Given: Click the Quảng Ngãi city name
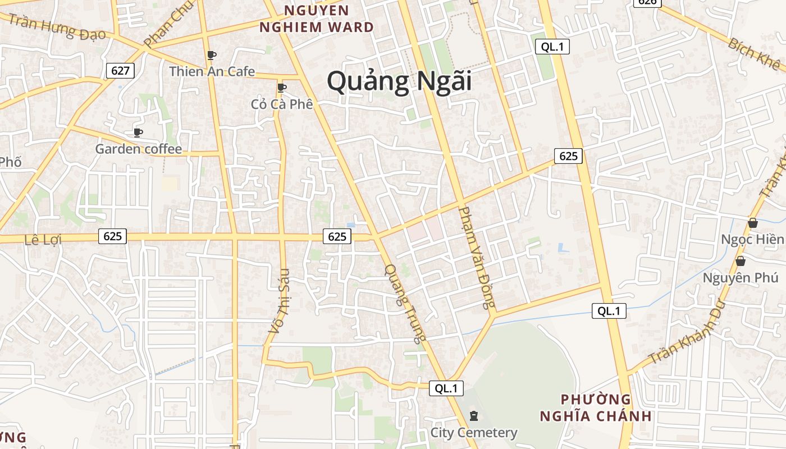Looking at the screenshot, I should point(399,82).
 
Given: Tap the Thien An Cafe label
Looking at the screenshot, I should point(212,71).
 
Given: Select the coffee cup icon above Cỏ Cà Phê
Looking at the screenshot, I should point(282,88).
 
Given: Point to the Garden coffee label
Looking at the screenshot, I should point(138,149).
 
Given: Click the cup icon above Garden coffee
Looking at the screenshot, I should point(138,132).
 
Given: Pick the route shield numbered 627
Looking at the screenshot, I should point(120,70).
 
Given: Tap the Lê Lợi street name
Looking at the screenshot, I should point(43,239).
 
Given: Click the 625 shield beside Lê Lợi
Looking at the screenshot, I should point(112,236).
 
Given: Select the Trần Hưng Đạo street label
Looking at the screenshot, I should point(57,27).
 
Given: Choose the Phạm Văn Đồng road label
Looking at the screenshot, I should point(477,258).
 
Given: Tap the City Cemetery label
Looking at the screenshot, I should point(473,433).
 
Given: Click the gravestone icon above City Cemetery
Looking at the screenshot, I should point(474,416).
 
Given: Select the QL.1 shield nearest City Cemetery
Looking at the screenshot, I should point(446,388).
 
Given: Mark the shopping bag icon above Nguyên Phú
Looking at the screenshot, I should point(741,261).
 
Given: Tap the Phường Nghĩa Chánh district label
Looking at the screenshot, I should point(596,408).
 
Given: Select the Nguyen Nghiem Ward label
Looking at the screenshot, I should point(317,19).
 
